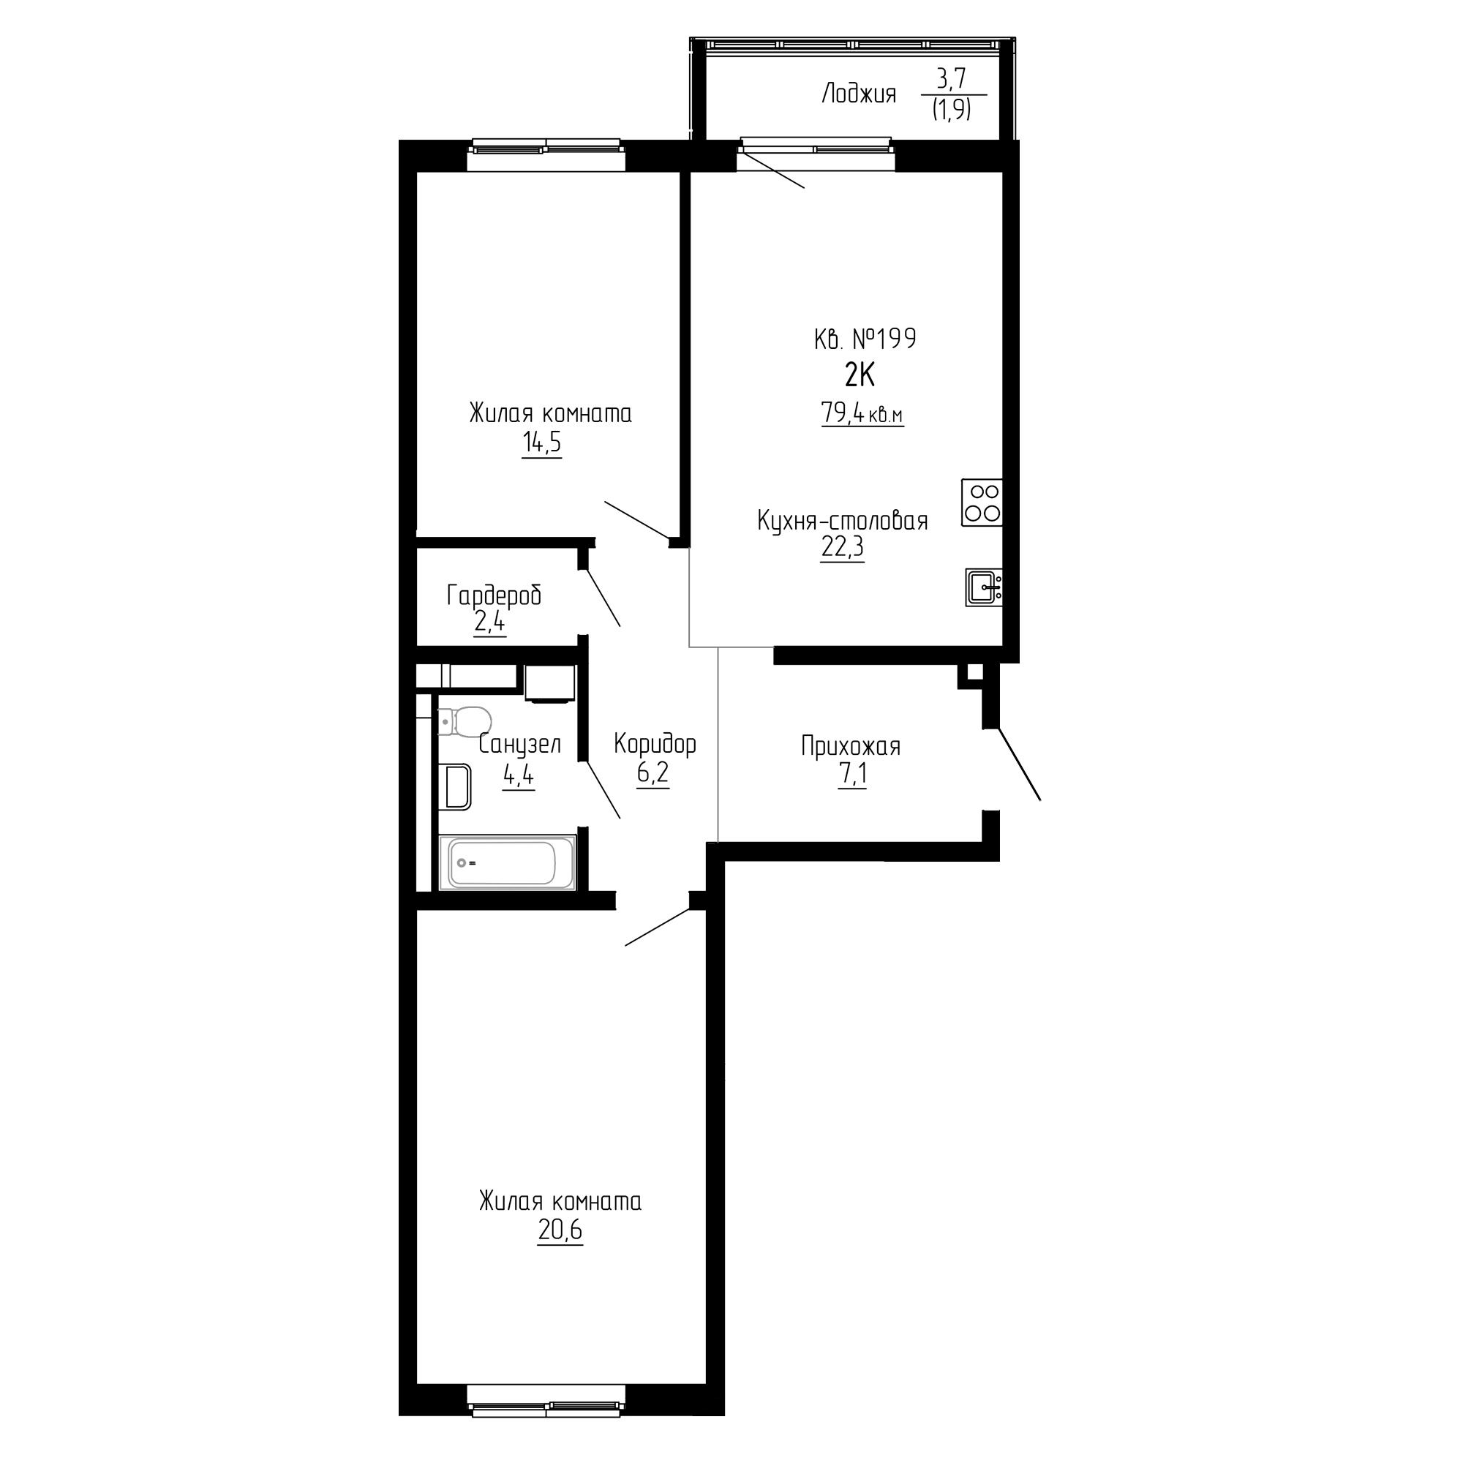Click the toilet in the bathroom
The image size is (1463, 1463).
point(464,721)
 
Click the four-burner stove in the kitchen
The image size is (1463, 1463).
point(982,502)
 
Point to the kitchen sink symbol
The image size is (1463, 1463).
point(984,587)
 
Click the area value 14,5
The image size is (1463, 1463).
point(541,443)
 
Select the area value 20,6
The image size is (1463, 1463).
point(560,1230)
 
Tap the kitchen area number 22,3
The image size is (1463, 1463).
point(842,546)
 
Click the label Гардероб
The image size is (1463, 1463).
point(494,596)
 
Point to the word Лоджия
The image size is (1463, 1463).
point(859,94)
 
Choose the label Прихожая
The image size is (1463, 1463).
point(851,747)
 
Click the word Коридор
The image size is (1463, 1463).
point(654,745)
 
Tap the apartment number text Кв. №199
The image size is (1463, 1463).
point(865,339)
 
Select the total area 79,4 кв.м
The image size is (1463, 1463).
point(862,413)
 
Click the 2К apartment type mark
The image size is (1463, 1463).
point(860,375)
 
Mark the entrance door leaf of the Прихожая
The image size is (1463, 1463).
point(1018,763)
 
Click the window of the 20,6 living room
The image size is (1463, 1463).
point(546,1407)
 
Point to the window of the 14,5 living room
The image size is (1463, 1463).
point(546,147)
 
